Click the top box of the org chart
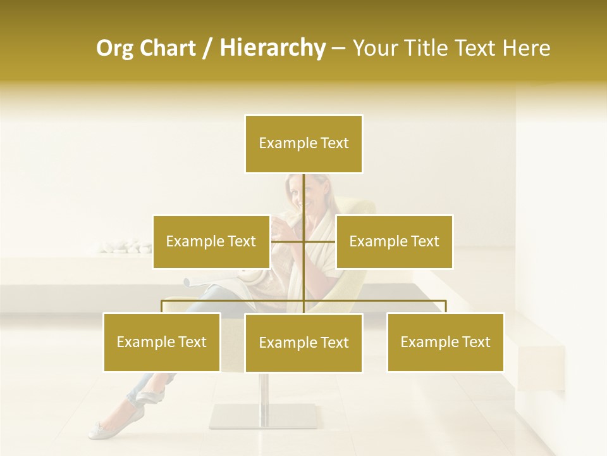[x=303, y=144]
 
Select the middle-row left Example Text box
[x=211, y=241]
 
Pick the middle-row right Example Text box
[x=394, y=241]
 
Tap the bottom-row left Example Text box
[x=162, y=342]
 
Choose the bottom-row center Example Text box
[x=303, y=343]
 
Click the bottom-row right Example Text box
[x=445, y=342]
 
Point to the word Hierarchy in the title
[x=272, y=48]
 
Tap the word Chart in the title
[x=168, y=48]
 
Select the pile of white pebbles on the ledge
[x=126, y=245]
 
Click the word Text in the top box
[x=334, y=144]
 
